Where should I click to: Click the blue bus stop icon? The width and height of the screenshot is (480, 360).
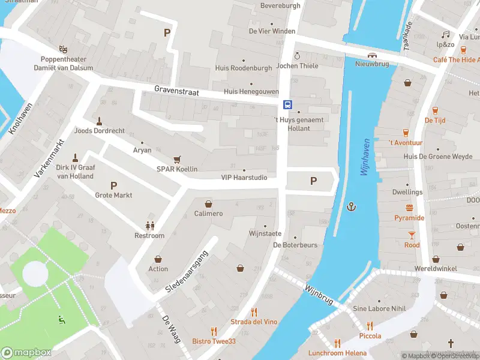[x=288, y=104]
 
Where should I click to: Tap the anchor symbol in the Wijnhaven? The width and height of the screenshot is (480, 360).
[x=352, y=207]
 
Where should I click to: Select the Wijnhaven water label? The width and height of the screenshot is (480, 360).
[x=365, y=157]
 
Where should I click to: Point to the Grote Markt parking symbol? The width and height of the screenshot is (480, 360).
[x=113, y=185]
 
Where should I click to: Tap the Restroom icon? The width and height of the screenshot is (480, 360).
[x=149, y=226]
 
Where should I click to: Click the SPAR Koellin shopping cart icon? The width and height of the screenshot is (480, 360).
[x=177, y=160]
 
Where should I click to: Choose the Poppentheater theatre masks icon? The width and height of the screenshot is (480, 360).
[x=63, y=49]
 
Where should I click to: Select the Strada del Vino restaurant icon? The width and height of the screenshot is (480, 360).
[x=254, y=312]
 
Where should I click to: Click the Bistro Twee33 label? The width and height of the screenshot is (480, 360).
[x=214, y=341]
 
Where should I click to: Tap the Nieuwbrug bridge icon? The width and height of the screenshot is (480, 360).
[x=373, y=56]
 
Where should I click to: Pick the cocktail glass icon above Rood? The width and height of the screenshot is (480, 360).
[x=412, y=235]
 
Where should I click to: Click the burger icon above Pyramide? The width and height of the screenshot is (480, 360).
[x=410, y=208]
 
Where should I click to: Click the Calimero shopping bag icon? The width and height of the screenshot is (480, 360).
[x=208, y=204]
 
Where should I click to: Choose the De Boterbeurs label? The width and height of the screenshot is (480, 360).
[x=295, y=245]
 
